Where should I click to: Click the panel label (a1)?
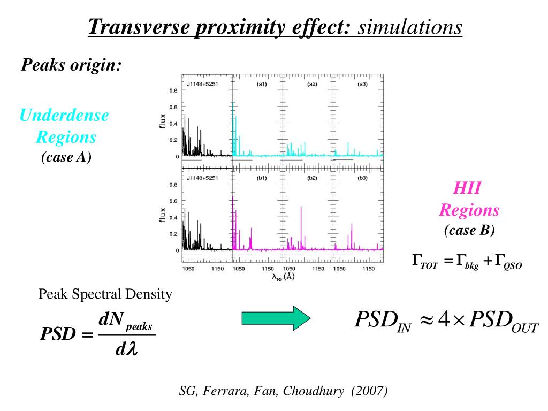pyautogui.click(x=262, y=85)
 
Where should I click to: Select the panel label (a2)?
pyautogui.click(x=312, y=85)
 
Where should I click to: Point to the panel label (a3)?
pyautogui.click(x=362, y=85)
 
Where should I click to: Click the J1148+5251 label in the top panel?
pyautogui.click(x=202, y=85)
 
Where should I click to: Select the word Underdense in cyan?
pyautogui.click(x=64, y=115)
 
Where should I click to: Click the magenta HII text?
pyautogui.click(x=468, y=188)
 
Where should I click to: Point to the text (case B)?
pyautogui.click(x=469, y=230)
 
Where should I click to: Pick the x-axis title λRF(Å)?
pyautogui.click(x=282, y=276)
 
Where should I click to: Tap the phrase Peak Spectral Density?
pyautogui.click(x=105, y=294)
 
